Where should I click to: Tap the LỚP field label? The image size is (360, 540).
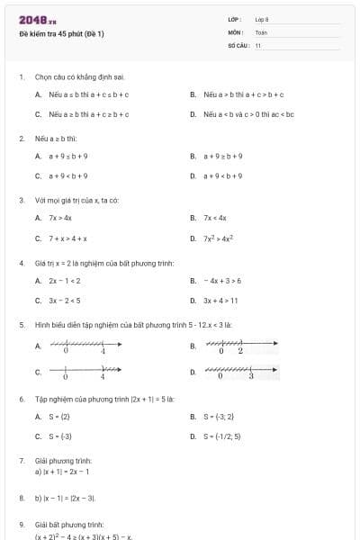[x=235, y=18]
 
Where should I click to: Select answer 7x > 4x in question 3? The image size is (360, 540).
[x=60, y=218]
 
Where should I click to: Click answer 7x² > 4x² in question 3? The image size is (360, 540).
[x=218, y=238]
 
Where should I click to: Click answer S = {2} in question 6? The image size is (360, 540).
[x=59, y=416]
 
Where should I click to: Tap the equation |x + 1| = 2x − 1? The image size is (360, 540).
[x=66, y=472]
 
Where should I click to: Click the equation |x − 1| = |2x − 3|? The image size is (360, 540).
[x=65, y=497]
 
